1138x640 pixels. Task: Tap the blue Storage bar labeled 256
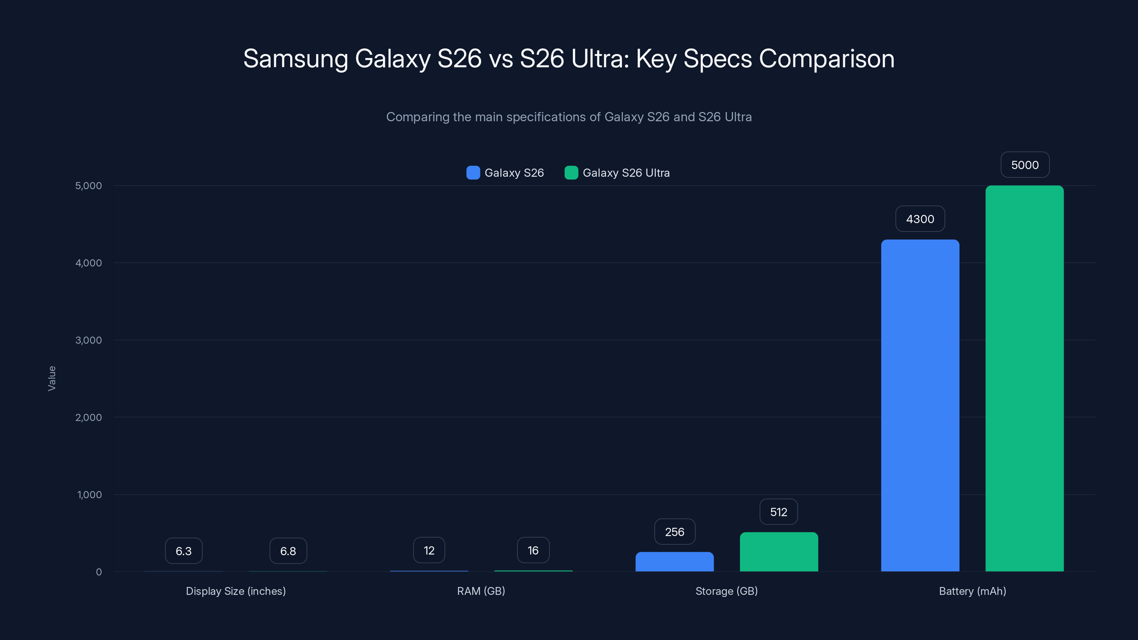coord(674,561)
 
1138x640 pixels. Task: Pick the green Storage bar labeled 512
coord(778,552)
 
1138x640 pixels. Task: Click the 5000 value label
coord(1025,165)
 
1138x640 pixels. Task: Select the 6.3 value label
coord(184,551)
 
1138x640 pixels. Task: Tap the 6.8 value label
coord(288,551)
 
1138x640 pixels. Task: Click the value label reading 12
coord(429,550)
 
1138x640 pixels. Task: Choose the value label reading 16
coord(533,550)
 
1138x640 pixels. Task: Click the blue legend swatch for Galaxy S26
coord(473,173)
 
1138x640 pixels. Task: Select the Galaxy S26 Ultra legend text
coord(626,173)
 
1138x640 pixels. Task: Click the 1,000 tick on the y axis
coord(89,495)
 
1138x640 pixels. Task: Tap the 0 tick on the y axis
coord(99,572)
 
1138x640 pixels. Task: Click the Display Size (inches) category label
coord(235,591)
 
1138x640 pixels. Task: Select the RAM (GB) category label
coord(481,591)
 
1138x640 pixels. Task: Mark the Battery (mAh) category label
coord(972,591)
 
